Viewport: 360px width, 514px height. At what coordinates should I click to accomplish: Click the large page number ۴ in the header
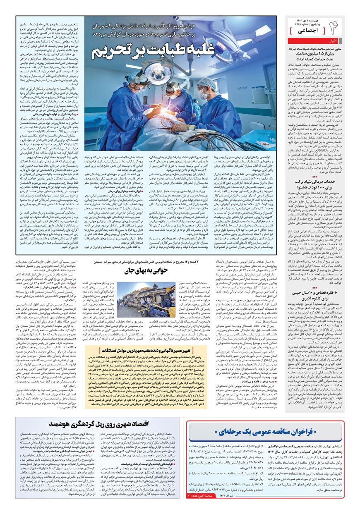[335, 27]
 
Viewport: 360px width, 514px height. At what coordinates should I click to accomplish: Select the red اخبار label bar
[333, 41]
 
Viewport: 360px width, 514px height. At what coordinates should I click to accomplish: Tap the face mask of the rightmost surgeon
[203, 93]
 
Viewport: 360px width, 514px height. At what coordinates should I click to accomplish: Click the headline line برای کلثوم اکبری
[322, 299]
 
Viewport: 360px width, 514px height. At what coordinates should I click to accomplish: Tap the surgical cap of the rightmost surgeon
[205, 81]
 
